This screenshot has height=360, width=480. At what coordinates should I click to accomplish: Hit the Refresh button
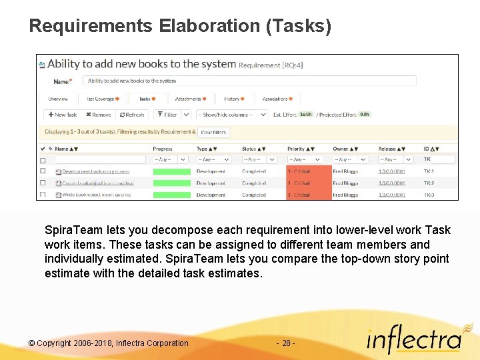pos(131,115)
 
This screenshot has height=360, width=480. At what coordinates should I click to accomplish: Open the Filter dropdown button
pos(168,115)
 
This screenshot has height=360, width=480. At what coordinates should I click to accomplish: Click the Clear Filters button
pos(214,132)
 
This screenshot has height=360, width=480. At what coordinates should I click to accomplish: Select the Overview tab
pos(58,99)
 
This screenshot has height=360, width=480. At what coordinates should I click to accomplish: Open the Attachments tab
pos(190,99)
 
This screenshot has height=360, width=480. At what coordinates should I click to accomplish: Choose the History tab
pos(233,99)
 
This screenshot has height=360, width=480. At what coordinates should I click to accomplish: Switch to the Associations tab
pos(277,99)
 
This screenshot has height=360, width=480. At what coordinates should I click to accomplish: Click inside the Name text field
pos(250,81)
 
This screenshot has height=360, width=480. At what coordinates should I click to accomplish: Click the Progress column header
pos(163,149)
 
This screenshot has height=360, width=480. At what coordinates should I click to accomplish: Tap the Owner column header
pos(342,149)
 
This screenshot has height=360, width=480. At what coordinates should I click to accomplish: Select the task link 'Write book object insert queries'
pos(96,195)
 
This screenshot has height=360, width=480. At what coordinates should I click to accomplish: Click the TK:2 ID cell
pos(429,183)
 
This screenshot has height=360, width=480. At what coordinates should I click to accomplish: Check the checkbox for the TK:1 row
pos(43,171)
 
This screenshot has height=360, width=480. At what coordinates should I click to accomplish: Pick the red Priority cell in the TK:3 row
pos(309,195)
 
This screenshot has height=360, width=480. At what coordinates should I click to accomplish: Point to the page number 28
pos(286,343)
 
